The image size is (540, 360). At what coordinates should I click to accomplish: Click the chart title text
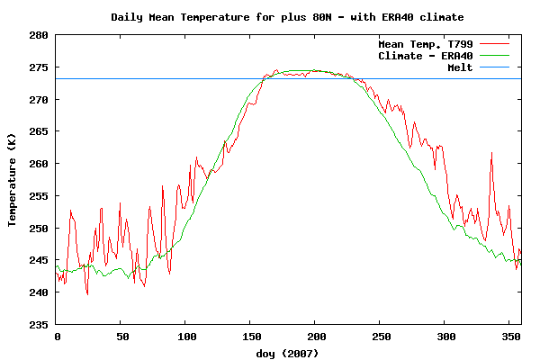(288, 17)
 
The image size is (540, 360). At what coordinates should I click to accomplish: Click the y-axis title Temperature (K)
(13, 179)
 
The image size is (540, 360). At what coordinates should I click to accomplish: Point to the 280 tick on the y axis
(40, 35)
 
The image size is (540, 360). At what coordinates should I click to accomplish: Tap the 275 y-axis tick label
(40, 67)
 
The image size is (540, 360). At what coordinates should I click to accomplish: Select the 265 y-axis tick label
(40, 131)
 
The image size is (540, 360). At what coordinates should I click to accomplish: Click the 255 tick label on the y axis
(40, 195)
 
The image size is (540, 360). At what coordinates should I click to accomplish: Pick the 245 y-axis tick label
(40, 260)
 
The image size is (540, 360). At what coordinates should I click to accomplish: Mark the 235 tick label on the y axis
(40, 324)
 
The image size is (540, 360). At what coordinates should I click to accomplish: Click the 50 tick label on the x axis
(121, 337)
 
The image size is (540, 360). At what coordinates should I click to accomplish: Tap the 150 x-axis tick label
(250, 337)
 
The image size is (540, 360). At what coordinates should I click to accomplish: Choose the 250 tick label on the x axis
(380, 337)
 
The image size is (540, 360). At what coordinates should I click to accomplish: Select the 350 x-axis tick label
(508, 337)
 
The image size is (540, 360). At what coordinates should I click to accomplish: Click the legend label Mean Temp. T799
(426, 43)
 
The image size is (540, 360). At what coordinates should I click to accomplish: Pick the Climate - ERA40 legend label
(426, 56)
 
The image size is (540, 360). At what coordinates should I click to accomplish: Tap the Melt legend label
(460, 68)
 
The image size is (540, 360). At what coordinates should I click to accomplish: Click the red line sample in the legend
(495, 43)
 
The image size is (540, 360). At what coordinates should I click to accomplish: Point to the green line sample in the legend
(495, 56)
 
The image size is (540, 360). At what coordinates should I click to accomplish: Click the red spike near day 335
(491, 154)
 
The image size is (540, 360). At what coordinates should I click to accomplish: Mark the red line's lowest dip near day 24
(87, 293)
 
